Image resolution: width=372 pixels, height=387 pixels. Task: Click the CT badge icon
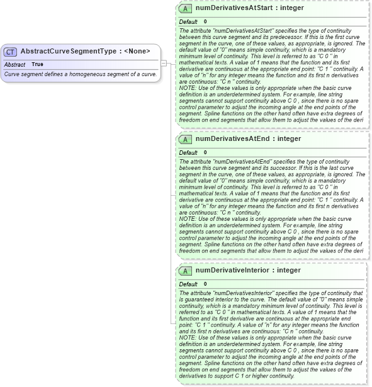[11, 52]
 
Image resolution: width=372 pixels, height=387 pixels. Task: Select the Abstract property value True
[38, 64]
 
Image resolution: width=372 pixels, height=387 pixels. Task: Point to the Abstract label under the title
[14, 64]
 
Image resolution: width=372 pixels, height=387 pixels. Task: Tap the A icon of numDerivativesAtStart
[186, 9]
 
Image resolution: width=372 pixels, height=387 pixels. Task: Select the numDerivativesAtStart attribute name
[249, 9]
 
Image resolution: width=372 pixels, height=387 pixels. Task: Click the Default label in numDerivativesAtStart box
[188, 21]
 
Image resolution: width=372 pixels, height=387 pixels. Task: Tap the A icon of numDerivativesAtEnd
[186, 139]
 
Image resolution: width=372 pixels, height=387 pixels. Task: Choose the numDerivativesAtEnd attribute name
[248, 139]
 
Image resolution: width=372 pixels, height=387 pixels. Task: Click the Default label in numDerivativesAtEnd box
[188, 152]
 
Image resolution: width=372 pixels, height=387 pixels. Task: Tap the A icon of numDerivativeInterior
[186, 271]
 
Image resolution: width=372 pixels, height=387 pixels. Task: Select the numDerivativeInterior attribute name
[248, 271]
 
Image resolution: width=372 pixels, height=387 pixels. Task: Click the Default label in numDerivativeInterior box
[188, 284]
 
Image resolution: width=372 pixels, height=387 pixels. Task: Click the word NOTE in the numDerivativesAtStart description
[188, 87]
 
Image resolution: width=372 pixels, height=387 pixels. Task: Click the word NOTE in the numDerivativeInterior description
[188, 337]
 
